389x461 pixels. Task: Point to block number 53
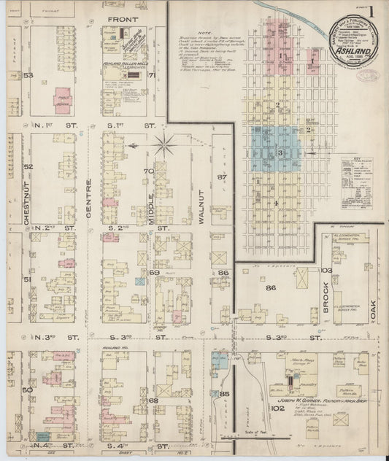pyautogui.click(x=29, y=74)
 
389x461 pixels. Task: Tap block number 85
pyautogui.click(x=224, y=395)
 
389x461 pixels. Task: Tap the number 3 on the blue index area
pyautogui.click(x=280, y=152)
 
